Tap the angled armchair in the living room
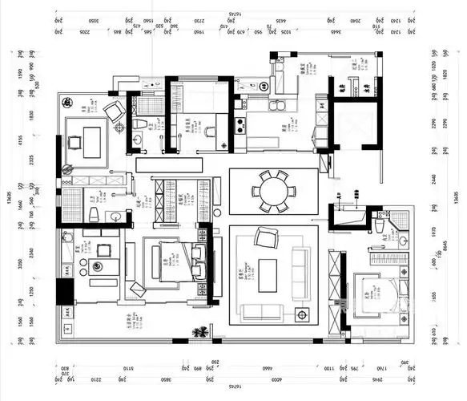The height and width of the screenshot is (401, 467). (263, 237)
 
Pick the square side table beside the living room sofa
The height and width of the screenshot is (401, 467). (303, 312)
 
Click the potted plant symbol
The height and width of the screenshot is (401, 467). (199, 330)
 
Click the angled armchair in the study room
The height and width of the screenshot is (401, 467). (115, 111)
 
